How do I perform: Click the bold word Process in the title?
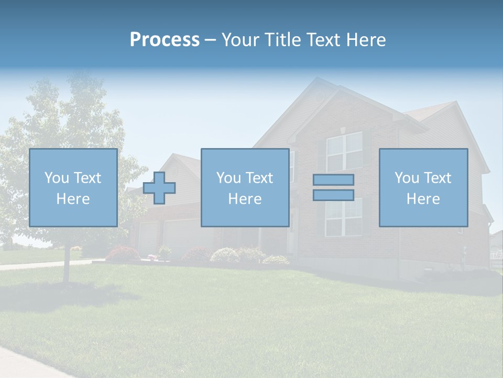(x=165, y=40)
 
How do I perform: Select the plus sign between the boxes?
(x=159, y=188)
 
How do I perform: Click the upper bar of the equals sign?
(x=333, y=180)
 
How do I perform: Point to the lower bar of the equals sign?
(x=333, y=195)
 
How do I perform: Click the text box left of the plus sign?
(x=73, y=187)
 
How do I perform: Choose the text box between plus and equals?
(x=245, y=187)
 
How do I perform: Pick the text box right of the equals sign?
(x=423, y=187)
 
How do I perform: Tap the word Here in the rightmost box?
(x=423, y=199)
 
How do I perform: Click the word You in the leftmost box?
(x=57, y=177)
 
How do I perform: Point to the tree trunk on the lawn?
(x=67, y=265)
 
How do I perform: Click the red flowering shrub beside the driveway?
(x=122, y=254)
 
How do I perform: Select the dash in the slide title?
(x=210, y=40)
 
